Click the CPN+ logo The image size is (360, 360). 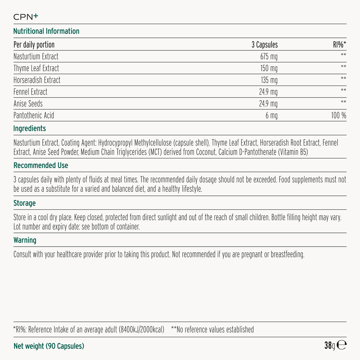pyautogui.click(x=26, y=17)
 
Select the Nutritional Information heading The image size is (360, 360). pyautogui.click(x=46, y=31)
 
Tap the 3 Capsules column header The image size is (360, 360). pyautogui.click(x=264, y=45)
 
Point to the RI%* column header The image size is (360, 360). pyautogui.click(x=339, y=45)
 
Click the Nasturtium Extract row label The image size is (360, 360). pyautogui.click(x=36, y=56)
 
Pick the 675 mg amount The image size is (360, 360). pyautogui.click(x=269, y=56)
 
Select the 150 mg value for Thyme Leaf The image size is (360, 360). pyautogui.click(x=269, y=68)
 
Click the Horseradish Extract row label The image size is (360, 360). pyautogui.click(x=37, y=80)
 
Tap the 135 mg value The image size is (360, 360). pyautogui.click(x=269, y=80)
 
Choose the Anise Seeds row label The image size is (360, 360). pyautogui.click(x=28, y=103)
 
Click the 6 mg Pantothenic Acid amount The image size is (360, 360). pyautogui.click(x=271, y=115)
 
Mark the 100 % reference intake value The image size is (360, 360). pyautogui.click(x=339, y=115)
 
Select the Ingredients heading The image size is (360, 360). pyautogui.click(x=29, y=128)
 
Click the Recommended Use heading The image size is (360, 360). pyautogui.click(x=41, y=165)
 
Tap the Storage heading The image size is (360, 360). pyautogui.click(x=25, y=203)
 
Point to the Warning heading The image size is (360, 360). pyautogui.click(x=25, y=240)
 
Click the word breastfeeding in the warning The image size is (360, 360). pyautogui.click(x=287, y=254)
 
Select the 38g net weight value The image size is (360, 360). pyautogui.click(x=329, y=346)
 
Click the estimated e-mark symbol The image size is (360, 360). pyautogui.click(x=341, y=345)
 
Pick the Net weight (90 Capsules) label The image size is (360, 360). pyautogui.click(x=49, y=346)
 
